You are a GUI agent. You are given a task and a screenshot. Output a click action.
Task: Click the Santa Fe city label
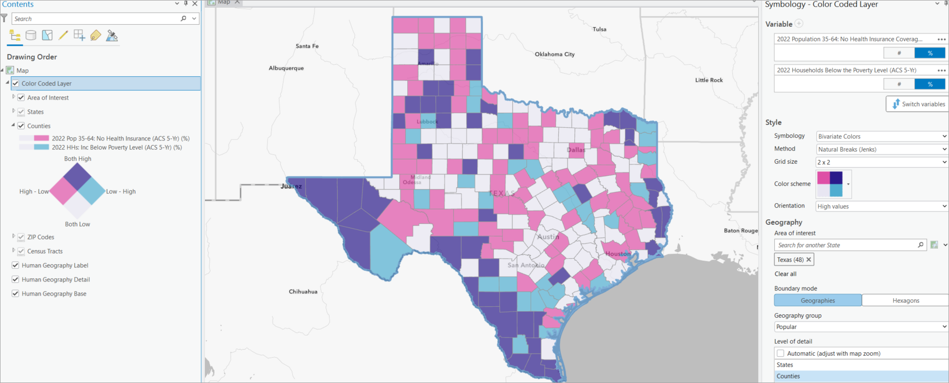307,46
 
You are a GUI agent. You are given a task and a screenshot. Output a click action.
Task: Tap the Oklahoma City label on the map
554,54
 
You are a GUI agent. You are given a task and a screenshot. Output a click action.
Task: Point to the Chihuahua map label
303,292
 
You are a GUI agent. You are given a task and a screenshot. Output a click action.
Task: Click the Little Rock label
709,80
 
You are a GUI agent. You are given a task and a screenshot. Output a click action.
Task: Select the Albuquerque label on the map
286,68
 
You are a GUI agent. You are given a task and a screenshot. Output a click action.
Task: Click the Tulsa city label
599,29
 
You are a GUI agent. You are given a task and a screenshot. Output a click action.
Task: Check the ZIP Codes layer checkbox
21,237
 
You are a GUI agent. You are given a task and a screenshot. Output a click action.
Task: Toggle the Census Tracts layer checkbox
21,251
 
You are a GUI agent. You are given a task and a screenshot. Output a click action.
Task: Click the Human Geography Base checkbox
16,294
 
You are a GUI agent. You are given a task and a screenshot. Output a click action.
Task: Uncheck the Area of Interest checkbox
21,98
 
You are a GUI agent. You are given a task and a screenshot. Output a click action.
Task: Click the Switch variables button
918,104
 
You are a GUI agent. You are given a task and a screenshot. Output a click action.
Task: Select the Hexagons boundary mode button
906,301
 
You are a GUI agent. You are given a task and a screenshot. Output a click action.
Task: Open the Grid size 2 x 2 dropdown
881,162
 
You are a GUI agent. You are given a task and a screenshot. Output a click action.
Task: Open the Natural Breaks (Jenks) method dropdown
881,149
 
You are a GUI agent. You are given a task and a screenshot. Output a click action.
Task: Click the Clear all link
785,274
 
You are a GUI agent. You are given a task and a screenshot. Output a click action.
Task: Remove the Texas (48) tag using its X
809,260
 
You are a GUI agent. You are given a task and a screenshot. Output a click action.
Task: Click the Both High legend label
78,159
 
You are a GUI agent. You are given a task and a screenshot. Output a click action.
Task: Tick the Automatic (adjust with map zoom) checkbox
780,354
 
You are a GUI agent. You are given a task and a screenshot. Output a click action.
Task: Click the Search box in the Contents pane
96,19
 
